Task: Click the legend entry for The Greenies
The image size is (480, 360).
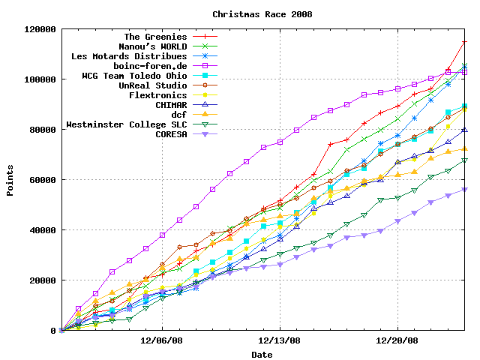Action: click(155, 36)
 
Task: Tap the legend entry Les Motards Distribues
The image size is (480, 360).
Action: click(129, 56)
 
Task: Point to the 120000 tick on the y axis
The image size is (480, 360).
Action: click(39, 29)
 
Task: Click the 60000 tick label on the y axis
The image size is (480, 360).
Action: click(42, 180)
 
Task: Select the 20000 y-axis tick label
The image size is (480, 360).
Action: click(42, 280)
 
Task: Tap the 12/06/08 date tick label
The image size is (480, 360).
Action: click(163, 340)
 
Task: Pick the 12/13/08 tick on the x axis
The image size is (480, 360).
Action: click(280, 340)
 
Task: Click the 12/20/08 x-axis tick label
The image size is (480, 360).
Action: click(397, 340)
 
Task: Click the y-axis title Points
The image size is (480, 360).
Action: click(10, 180)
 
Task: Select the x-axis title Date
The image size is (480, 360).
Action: click(262, 354)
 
